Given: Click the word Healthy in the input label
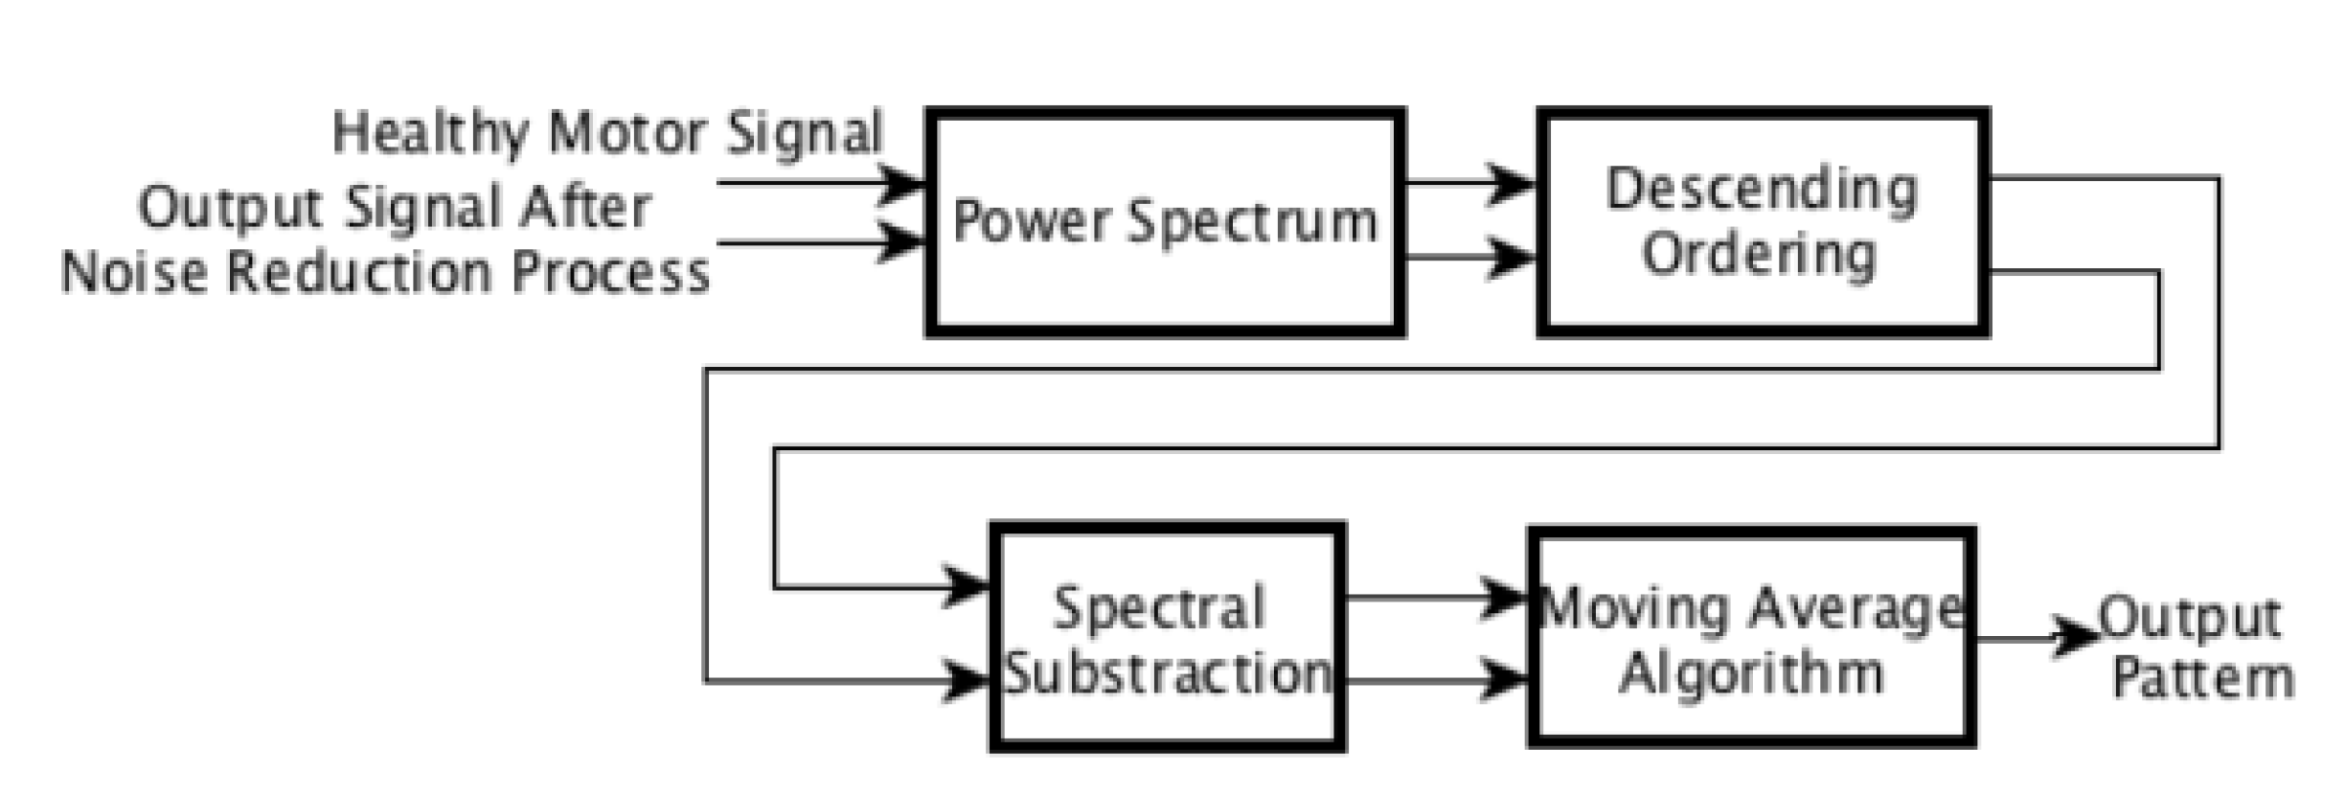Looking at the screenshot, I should (429, 134).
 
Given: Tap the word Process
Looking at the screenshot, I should (610, 272).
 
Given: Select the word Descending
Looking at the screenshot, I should (1762, 191).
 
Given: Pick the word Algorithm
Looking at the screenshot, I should (1751, 673).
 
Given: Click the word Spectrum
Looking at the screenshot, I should (1252, 222).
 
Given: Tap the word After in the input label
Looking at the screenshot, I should (585, 208).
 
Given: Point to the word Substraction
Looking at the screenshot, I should (1167, 673).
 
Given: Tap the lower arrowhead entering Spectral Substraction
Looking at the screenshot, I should (966, 681).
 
